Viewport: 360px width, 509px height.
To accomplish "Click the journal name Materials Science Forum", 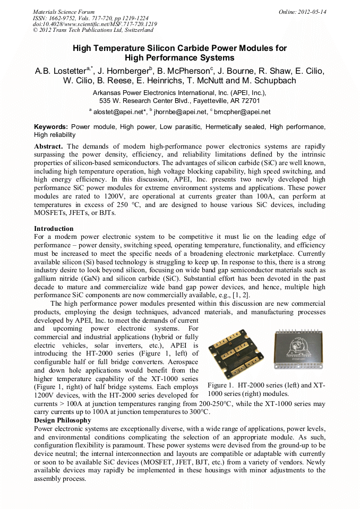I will (64, 12).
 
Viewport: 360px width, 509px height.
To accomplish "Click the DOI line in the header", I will (95, 24).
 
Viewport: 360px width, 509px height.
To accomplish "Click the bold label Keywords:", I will (51, 127).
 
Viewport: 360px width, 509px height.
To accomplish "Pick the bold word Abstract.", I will (48, 146).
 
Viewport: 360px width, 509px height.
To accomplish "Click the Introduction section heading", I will (54, 229).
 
